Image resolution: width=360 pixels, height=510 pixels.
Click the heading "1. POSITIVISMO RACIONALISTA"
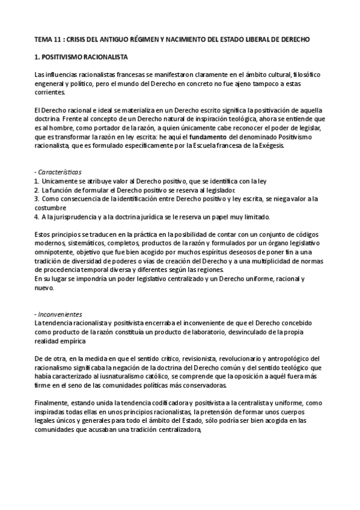point(80,56)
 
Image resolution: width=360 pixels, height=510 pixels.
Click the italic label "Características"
point(60,171)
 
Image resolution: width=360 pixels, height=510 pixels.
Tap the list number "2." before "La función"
point(37,189)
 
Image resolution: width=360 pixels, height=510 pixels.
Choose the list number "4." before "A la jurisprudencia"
point(37,216)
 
